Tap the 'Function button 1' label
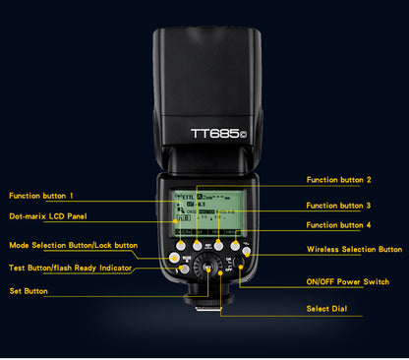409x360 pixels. [41, 196]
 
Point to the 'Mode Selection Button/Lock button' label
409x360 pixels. [74, 245]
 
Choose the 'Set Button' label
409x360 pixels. [28, 291]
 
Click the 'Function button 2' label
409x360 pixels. [338, 180]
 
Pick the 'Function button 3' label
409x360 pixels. [338, 206]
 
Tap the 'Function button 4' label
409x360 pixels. [338, 227]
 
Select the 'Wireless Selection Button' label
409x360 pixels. [354, 250]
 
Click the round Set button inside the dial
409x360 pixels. [208, 266]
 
